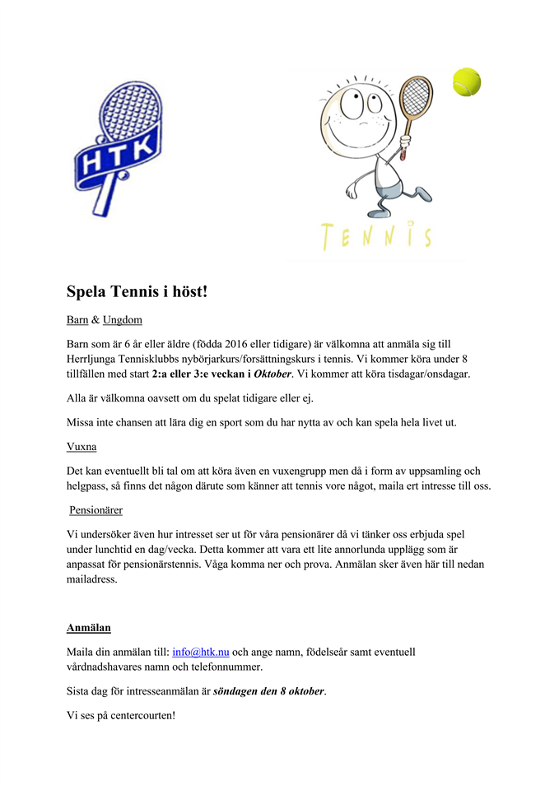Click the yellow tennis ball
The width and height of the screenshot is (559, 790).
pyautogui.click(x=467, y=82)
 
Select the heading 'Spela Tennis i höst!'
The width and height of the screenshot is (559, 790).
pyautogui.click(x=137, y=291)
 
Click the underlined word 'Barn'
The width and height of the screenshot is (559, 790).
pyautogui.click(x=77, y=319)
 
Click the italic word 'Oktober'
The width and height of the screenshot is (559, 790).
pyautogui.click(x=272, y=374)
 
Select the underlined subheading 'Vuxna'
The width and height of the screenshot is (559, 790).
pyautogui.click(x=82, y=447)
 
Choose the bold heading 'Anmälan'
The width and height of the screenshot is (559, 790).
pyautogui.click(x=89, y=628)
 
